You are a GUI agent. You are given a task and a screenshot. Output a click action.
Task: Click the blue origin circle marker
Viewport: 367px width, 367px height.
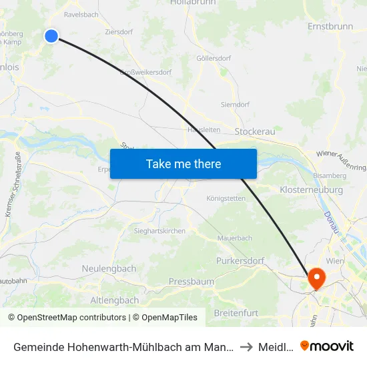[51, 36]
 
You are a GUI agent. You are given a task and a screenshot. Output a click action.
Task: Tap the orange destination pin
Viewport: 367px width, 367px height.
[315, 278]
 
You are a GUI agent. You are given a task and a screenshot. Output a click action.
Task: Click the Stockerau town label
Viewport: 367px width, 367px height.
[254, 132]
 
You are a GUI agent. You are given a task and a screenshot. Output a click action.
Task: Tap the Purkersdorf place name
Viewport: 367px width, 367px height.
[240, 261]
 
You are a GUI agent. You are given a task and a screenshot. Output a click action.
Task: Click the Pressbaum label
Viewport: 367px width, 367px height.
[192, 282]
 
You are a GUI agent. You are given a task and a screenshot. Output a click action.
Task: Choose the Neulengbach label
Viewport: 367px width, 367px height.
[109, 268]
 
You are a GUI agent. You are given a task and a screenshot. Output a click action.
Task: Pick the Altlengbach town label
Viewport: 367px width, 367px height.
[114, 300]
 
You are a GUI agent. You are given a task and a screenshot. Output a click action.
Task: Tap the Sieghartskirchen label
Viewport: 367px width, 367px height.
[160, 231]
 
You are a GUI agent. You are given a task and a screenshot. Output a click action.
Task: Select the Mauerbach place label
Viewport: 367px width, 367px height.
[235, 238]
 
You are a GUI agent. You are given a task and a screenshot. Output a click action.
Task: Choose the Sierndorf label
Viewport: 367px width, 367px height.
[236, 105]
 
